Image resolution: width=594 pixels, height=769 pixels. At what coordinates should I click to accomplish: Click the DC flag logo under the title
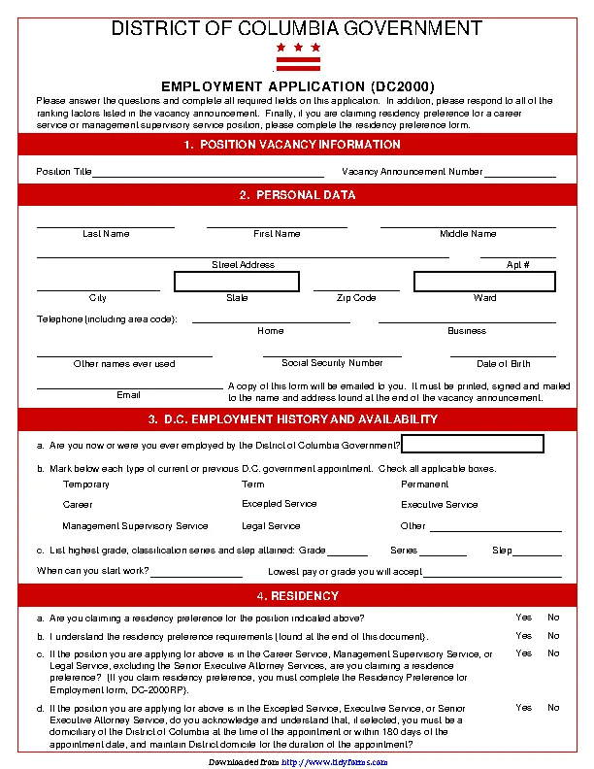pyautogui.click(x=298, y=57)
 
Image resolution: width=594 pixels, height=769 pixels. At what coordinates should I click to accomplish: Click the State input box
pyautogui.click(x=237, y=282)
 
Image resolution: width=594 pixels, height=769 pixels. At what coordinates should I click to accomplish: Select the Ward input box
pyautogui.click(x=484, y=282)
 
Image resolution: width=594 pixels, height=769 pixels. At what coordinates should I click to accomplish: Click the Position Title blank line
pyautogui.click(x=208, y=173)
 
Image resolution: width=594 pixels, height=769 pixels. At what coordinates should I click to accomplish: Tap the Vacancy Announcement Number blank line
pyautogui.click(x=519, y=173)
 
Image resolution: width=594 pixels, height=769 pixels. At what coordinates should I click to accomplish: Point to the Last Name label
pyautogui.click(x=106, y=234)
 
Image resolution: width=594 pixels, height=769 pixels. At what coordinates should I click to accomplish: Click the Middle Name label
pyautogui.click(x=468, y=234)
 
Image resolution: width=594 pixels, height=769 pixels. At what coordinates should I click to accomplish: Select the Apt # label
pyautogui.click(x=517, y=265)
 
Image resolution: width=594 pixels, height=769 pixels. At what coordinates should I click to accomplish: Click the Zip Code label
pyautogui.click(x=356, y=298)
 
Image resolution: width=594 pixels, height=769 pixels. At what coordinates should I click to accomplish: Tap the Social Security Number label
pyautogui.click(x=332, y=363)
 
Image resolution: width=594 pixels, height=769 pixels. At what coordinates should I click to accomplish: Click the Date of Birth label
pyautogui.click(x=503, y=364)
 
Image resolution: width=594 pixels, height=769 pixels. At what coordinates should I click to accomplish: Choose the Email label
pyautogui.click(x=128, y=395)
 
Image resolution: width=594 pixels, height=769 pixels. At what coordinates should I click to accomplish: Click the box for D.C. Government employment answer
pyautogui.click(x=473, y=444)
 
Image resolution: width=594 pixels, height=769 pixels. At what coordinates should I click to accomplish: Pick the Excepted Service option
pyautogui.click(x=280, y=504)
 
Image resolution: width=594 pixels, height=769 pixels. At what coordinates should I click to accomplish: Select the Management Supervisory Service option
pyautogui.click(x=135, y=526)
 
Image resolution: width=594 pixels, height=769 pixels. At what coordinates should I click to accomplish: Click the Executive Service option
pyautogui.click(x=440, y=505)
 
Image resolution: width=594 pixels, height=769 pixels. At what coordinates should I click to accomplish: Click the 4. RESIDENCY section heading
pyautogui.click(x=297, y=595)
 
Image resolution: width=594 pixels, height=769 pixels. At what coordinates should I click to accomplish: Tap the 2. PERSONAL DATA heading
pyautogui.click(x=297, y=195)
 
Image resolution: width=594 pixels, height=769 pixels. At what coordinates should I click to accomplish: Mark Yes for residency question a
pyautogui.click(x=524, y=618)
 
